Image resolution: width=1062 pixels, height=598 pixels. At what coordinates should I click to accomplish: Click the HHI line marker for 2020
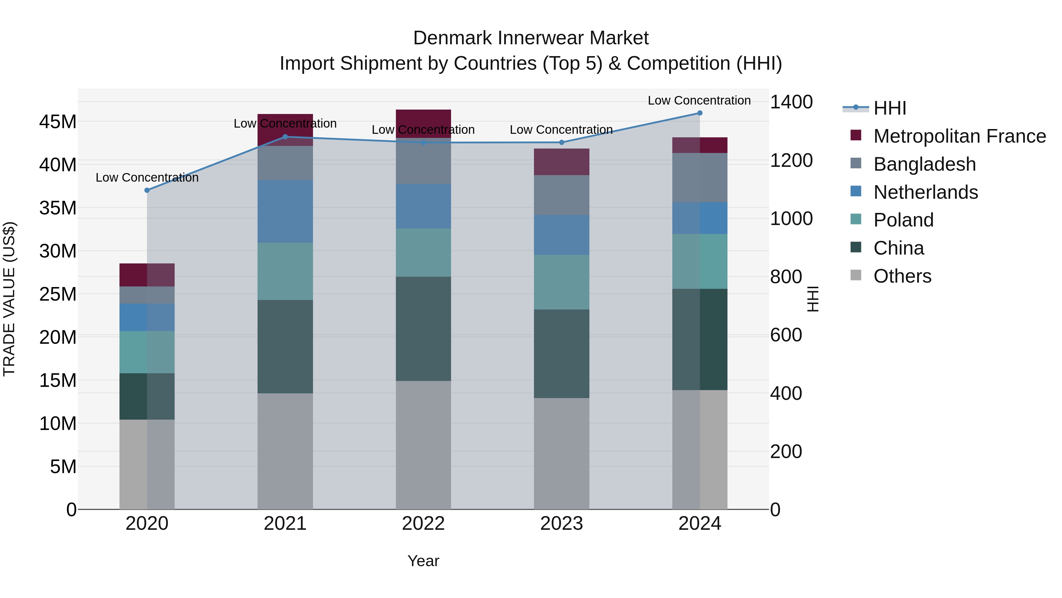[147, 190]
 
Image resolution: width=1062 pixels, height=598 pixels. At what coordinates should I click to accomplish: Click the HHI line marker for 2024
[700, 113]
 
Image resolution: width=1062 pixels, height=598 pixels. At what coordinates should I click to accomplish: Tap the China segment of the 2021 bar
[285, 347]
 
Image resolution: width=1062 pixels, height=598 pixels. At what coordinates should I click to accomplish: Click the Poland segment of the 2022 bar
[423, 252]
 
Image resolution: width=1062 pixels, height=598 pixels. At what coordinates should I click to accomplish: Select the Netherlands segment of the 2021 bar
[285, 211]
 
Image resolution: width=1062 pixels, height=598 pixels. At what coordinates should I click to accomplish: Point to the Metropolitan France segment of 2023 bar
[561, 162]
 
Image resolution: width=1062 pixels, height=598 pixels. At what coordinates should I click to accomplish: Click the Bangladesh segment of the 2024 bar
[700, 177]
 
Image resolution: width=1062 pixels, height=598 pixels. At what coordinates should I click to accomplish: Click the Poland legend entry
[903, 220]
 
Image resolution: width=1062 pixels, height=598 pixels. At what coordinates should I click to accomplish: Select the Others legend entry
[902, 276]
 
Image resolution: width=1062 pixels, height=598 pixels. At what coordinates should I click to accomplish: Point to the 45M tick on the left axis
[58, 122]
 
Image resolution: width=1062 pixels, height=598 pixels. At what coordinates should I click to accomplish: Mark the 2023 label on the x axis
[561, 524]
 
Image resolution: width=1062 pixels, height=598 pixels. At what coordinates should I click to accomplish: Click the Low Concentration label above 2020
[147, 177]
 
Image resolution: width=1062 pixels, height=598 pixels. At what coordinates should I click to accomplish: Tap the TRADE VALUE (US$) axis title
[9, 299]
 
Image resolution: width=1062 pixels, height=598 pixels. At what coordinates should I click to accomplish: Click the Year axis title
[423, 561]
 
